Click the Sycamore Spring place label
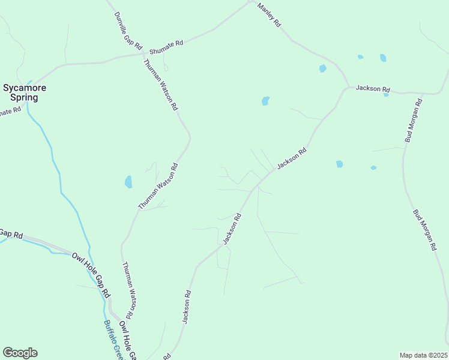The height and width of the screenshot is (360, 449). [x=25, y=92]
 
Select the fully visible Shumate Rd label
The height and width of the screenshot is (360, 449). [x=165, y=46]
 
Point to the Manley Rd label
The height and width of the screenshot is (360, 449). [x=269, y=15]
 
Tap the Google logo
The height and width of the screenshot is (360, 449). [x=20, y=353]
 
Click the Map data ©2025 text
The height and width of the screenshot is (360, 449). [x=423, y=355]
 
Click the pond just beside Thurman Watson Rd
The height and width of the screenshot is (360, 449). [x=128, y=181]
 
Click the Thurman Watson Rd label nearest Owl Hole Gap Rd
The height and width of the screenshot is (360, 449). [x=127, y=290]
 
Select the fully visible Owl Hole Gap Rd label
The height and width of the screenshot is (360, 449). [x=91, y=275]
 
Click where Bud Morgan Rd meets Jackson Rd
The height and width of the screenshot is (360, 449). [x=425, y=94]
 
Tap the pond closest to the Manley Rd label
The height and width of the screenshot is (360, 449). [x=322, y=68]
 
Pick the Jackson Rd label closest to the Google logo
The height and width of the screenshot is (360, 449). [x=187, y=307]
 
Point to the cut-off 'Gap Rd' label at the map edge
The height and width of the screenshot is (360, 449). [x=10, y=233]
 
